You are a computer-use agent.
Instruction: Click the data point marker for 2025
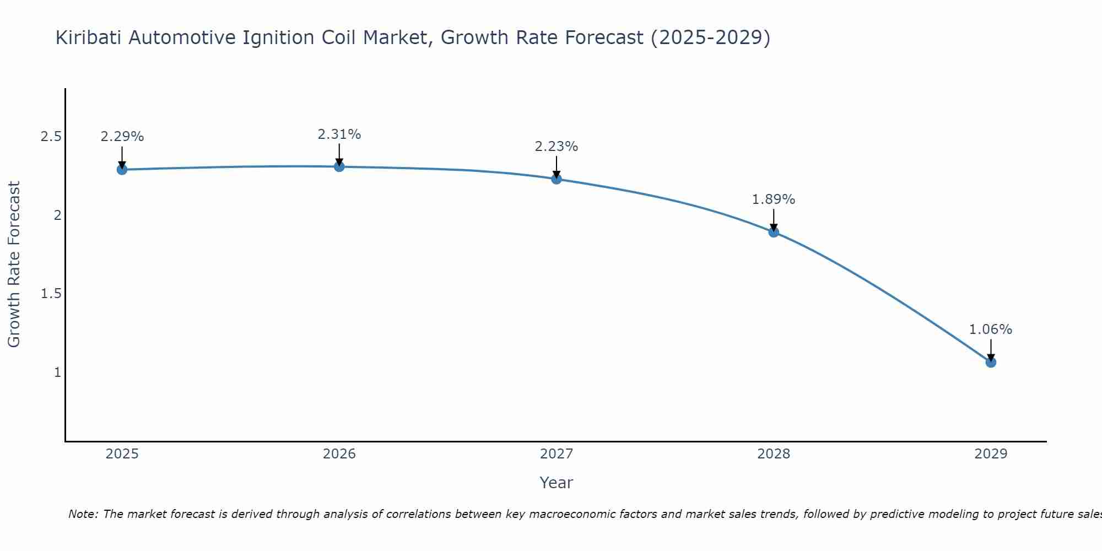(x=122, y=169)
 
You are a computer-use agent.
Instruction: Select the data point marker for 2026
(x=339, y=166)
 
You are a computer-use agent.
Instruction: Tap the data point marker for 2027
(x=557, y=179)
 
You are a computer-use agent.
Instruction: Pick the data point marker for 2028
(x=774, y=232)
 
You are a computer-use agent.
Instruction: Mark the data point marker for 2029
(x=991, y=362)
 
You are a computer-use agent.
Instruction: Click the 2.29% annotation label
(x=122, y=137)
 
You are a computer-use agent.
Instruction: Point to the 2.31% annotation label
(x=339, y=134)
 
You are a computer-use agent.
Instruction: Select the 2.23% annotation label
(x=557, y=147)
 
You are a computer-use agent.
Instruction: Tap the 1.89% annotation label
(x=774, y=199)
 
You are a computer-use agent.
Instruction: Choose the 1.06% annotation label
(x=991, y=329)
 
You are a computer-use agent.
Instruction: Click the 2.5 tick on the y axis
(x=51, y=137)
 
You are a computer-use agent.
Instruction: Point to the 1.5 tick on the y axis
(x=51, y=294)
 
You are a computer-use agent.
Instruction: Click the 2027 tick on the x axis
(x=557, y=454)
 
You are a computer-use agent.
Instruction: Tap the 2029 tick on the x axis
(x=991, y=454)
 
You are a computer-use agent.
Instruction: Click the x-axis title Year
(x=557, y=483)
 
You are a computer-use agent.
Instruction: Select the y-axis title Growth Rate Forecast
(x=14, y=264)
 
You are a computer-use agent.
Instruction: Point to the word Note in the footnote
(x=83, y=514)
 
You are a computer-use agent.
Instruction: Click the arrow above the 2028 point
(x=774, y=219)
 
